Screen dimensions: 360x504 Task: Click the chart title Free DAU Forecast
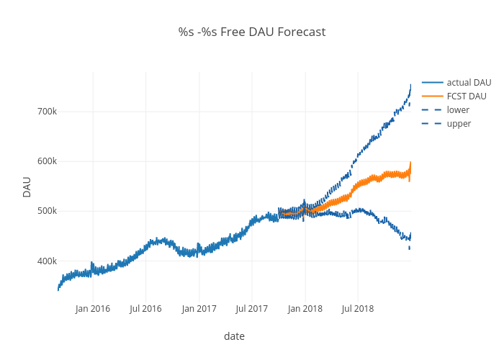tap(252, 32)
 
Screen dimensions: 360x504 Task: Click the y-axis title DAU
tap(27, 186)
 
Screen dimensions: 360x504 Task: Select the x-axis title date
tap(234, 336)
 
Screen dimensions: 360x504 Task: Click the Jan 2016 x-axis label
tap(93, 309)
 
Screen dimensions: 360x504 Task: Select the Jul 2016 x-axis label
tap(145, 309)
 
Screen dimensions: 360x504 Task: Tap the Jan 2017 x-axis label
tap(199, 309)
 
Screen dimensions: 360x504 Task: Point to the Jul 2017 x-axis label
tap(251, 309)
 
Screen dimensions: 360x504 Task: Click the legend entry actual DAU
tap(469, 83)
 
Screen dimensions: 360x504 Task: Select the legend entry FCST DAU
tap(467, 96)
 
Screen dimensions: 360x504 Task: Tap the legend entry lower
tap(458, 110)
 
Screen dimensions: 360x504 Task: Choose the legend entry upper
tap(459, 124)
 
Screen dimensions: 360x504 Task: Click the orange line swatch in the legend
tap(432, 96)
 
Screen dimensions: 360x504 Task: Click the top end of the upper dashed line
tap(410, 86)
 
